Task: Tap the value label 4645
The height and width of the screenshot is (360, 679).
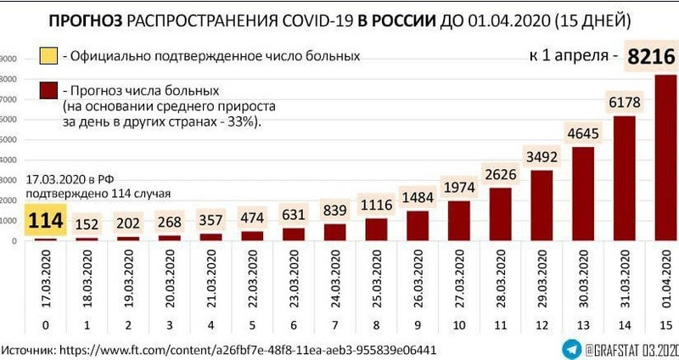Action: pyautogui.click(x=583, y=132)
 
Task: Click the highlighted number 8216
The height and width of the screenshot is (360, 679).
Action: pyautogui.click(x=650, y=57)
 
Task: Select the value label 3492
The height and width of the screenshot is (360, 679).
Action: pyautogui.click(x=542, y=156)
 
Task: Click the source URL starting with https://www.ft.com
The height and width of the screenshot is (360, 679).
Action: pyautogui.click(x=255, y=348)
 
